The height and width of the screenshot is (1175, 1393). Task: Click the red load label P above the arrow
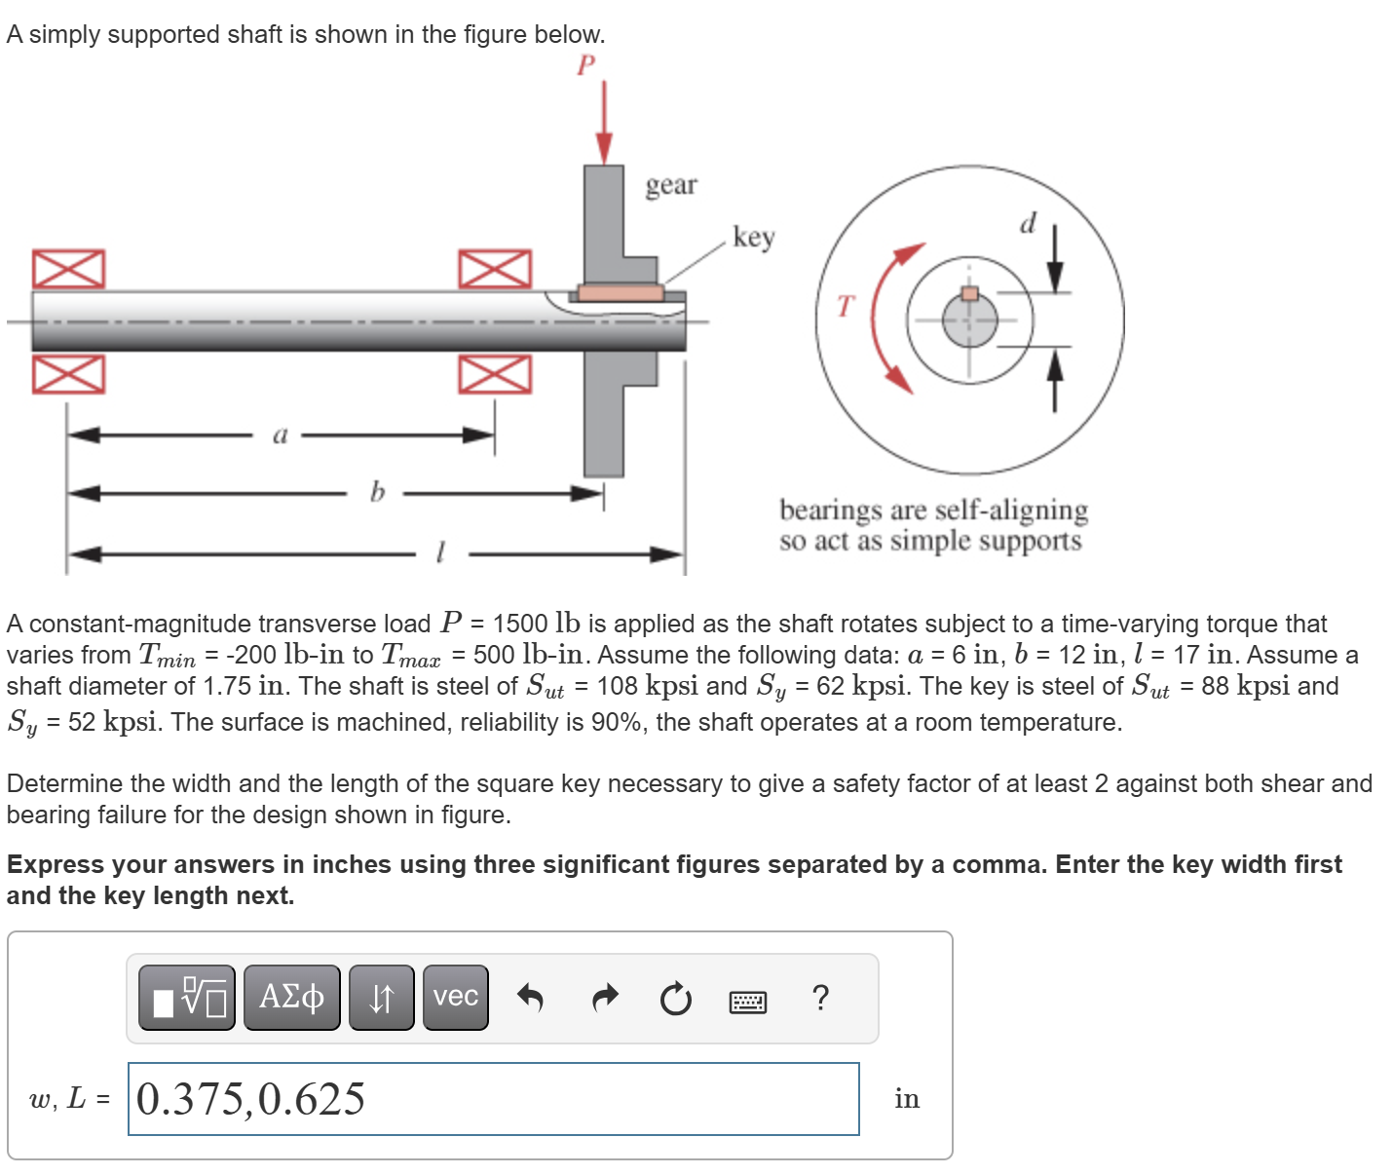585,65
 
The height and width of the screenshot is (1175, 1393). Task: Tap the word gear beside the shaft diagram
671,184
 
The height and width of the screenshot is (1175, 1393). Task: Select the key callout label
753,237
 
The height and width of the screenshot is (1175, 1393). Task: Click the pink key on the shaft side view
621,292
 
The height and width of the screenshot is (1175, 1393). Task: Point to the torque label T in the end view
845,307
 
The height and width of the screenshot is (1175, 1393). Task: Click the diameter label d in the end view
1028,224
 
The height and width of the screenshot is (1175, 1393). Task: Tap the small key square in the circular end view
969,293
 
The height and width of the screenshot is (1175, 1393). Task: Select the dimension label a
280,435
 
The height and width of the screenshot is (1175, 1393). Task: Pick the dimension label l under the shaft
440,554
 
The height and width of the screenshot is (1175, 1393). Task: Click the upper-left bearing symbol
68,269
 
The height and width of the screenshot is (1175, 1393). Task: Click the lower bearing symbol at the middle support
495,373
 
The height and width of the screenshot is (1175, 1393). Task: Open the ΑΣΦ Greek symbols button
291,997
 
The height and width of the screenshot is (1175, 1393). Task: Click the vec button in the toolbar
455,997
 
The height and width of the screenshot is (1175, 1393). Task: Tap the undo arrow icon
529,998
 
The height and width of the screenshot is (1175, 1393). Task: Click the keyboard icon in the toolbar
747,1001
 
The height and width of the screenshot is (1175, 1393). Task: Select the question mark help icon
820,998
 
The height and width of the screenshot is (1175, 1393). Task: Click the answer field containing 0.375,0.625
493,1099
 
